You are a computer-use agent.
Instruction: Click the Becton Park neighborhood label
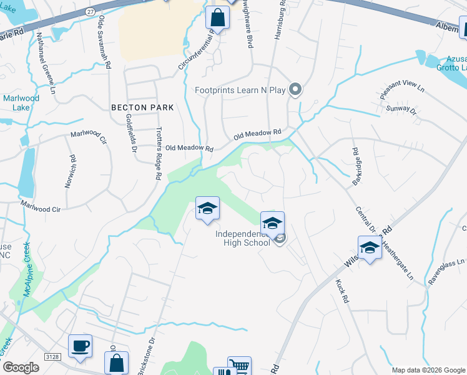click(x=142, y=107)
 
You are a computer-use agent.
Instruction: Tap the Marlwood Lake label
click(x=21, y=103)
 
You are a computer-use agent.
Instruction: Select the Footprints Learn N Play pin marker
click(x=297, y=90)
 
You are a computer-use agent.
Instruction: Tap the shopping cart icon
click(x=239, y=366)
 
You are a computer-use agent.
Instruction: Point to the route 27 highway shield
click(x=91, y=11)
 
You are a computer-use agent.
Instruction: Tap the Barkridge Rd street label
click(x=355, y=166)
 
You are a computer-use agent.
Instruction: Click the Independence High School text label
click(x=243, y=238)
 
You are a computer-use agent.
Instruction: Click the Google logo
click(x=21, y=367)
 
